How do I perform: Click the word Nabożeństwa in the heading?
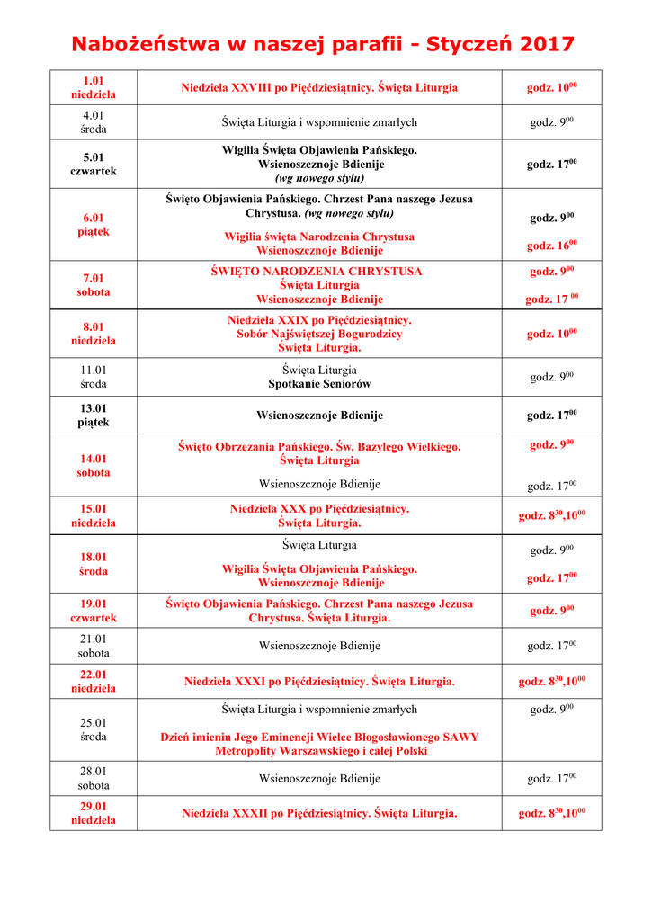coord(147,44)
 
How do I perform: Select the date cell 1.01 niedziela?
coord(94,87)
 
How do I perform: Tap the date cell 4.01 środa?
coord(94,122)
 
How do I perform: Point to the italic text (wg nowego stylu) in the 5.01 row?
coord(319,178)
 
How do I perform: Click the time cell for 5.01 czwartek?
coord(551,164)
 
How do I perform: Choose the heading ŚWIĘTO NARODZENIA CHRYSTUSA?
coord(319,271)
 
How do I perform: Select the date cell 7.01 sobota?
coord(94,285)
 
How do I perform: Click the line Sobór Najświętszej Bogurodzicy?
coord(319,334)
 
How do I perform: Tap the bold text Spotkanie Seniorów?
coord(319,384)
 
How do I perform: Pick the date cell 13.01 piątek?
coord(94,415)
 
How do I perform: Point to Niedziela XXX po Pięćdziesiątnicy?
coord(319,509)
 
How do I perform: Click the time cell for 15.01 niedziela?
coord(551,515)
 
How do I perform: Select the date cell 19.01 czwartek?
coord(94,611)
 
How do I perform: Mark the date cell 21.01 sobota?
coord(94,646)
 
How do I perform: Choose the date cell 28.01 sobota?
coord(94,778)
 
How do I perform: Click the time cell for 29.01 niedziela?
coord(551,813)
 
